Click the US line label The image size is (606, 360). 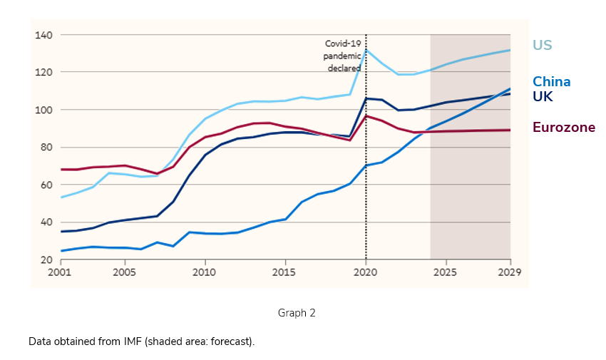tap(542, 46)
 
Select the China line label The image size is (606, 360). tap(551, 81)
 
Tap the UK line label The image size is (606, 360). tap(543, 96)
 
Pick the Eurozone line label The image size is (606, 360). tap(563, 128)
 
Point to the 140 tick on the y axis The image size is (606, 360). tap(44, 35)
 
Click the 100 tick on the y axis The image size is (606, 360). tap(44, 110)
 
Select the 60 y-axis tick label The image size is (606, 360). tap(47, 185)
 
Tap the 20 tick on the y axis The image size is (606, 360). tap(47, 259)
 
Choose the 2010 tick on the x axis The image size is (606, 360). tap(205, 272)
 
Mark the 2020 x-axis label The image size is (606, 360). tap(366, 272)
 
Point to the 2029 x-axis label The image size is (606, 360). tap(510, 272)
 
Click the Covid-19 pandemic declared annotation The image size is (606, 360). tap(343, 56)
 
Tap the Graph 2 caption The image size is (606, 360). tap(297, 312)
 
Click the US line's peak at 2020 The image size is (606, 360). tap(366, 49)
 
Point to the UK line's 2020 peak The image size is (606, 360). tap(366, 98)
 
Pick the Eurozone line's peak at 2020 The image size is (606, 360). tap(366, 115)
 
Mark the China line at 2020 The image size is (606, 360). tap(366, 165)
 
